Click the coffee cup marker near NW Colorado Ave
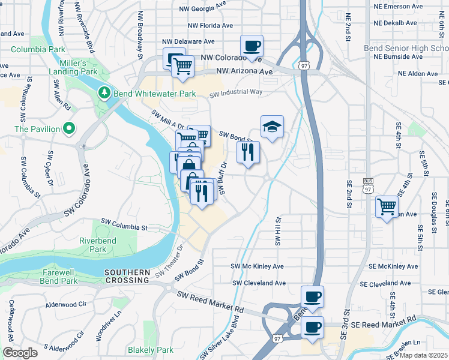click(252, 46)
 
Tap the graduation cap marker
click(272, 127)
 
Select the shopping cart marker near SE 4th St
click(387, 207)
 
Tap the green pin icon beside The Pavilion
click(69, 128)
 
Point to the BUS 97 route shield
click(368, 185)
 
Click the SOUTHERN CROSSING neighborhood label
click(127, 276)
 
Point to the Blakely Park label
click(150, 350)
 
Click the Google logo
click(20, 353)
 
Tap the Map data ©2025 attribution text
click(424, 355)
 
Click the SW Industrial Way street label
click(236, 93)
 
